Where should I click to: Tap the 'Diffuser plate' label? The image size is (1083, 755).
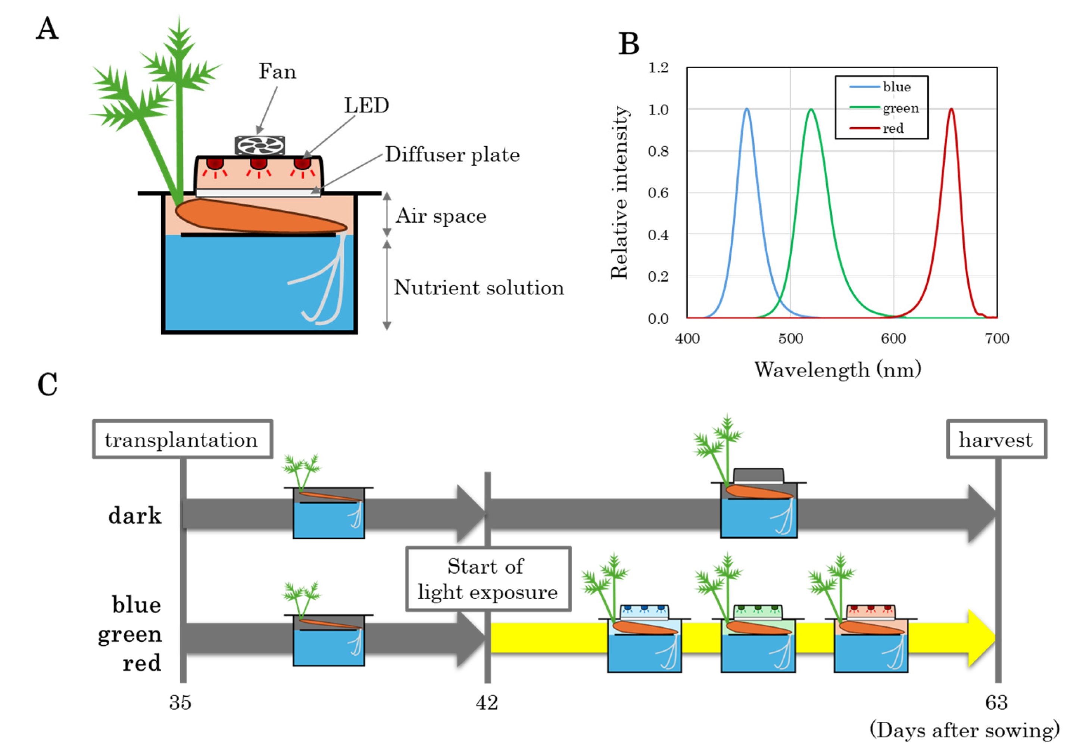452,155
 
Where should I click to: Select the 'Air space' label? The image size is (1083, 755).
441,216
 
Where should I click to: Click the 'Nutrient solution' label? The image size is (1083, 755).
478,288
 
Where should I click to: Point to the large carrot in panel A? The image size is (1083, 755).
259,216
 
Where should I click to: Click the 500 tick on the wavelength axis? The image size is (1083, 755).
790,338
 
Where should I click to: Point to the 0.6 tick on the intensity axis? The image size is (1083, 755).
658,193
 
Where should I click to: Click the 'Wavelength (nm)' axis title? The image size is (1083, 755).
837,369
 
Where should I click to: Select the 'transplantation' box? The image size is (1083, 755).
182,439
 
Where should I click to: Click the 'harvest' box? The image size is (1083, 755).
996,439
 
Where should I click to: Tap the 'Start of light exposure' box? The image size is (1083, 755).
488,579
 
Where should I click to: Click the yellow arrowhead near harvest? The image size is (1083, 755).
981,637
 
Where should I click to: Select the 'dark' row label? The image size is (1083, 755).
135,516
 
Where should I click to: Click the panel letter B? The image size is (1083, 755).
628,44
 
